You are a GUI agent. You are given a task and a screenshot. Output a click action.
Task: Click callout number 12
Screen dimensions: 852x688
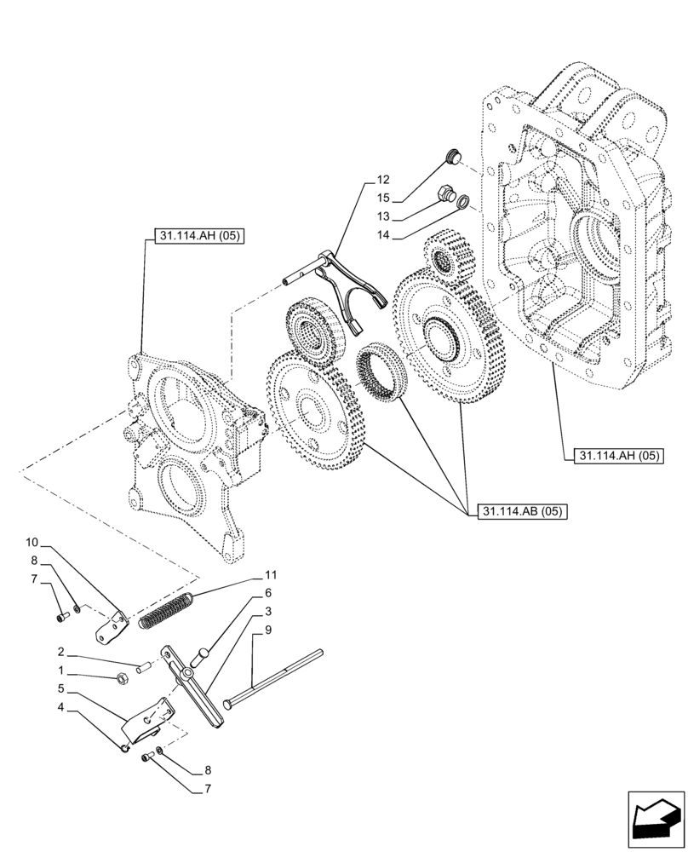(x=382, y=180)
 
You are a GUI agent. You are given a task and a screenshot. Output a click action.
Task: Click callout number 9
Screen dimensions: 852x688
(x=267, y=630)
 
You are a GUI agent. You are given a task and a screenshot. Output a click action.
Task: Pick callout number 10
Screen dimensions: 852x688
(x=32, y=542)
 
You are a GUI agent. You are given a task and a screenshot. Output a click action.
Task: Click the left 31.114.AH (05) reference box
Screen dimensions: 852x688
(x=199, y=237)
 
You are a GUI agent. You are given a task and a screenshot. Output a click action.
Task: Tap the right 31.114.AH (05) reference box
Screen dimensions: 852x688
(x=611, y=457)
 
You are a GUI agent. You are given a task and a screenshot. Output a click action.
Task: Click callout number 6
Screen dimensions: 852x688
(x=267, y=593)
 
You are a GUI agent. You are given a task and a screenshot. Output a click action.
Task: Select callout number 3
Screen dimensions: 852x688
(x=267, y=612)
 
